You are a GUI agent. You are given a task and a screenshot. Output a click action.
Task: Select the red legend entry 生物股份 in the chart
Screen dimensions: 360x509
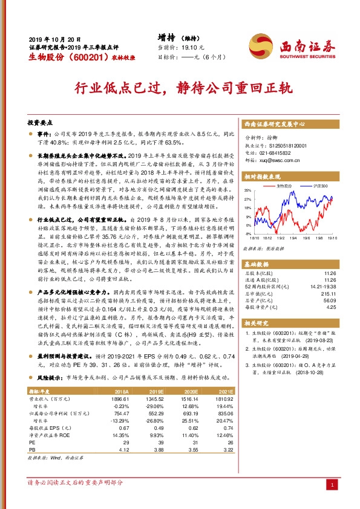coord(284,186)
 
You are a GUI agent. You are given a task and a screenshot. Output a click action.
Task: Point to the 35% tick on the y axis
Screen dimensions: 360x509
coord(247,189)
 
